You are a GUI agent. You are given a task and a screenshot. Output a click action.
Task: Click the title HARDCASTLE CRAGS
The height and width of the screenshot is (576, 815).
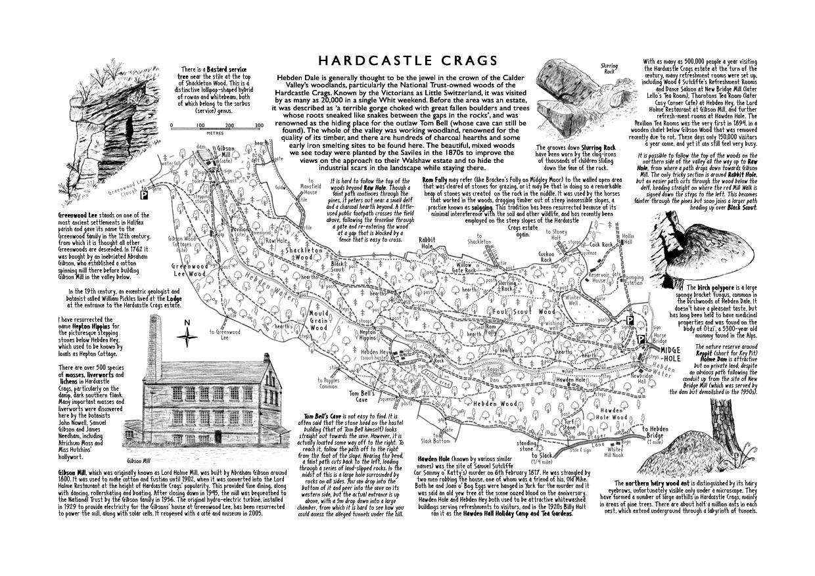pyautogui.click(x=407, y=61)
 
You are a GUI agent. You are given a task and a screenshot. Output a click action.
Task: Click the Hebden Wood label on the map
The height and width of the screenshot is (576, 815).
pyautogui.click(x=491, y=403)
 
